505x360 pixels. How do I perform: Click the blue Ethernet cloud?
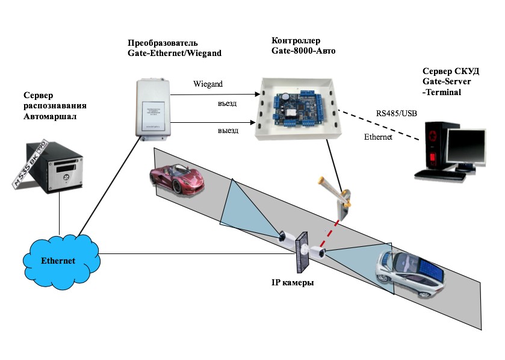click(59, 259)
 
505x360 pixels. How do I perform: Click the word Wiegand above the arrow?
click(208, 84)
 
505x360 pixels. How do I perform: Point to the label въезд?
click(227, 103)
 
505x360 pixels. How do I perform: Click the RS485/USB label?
click(397, 113)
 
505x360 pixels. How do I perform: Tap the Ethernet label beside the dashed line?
click(378, 137)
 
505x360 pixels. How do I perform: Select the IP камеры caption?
click(293, 282)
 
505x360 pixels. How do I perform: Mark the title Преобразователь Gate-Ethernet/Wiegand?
click(175, 48)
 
